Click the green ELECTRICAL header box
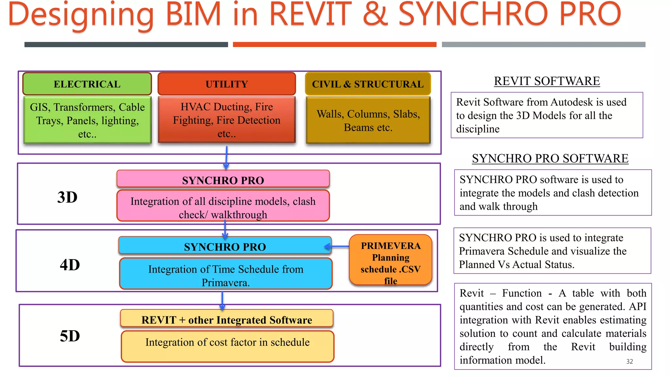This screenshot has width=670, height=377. (x=87, y=84)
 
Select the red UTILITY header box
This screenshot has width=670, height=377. (x=226, y=84)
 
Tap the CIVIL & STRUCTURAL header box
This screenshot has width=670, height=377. (x=368, y=84)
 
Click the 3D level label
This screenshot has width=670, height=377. (x=67, y=197)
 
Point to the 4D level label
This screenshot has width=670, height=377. (x=70, y=264)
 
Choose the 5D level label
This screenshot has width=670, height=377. (x=70, y=336)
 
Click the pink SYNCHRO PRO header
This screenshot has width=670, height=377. (x=223, y=180)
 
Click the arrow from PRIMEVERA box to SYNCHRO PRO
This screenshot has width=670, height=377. (x=337, y=246)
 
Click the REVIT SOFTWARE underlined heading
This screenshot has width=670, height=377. (x=547, y=81)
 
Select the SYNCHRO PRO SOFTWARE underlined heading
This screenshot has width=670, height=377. (x=550, y=158)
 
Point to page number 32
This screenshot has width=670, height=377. (x=629, y=361)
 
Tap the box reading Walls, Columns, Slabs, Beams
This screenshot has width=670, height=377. (x=368, y=120)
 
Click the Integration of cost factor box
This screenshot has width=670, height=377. (x=227, y=346)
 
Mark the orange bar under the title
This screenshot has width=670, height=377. (x=334, y=45)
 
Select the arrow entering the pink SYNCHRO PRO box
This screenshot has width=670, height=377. (x=226, y=158)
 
